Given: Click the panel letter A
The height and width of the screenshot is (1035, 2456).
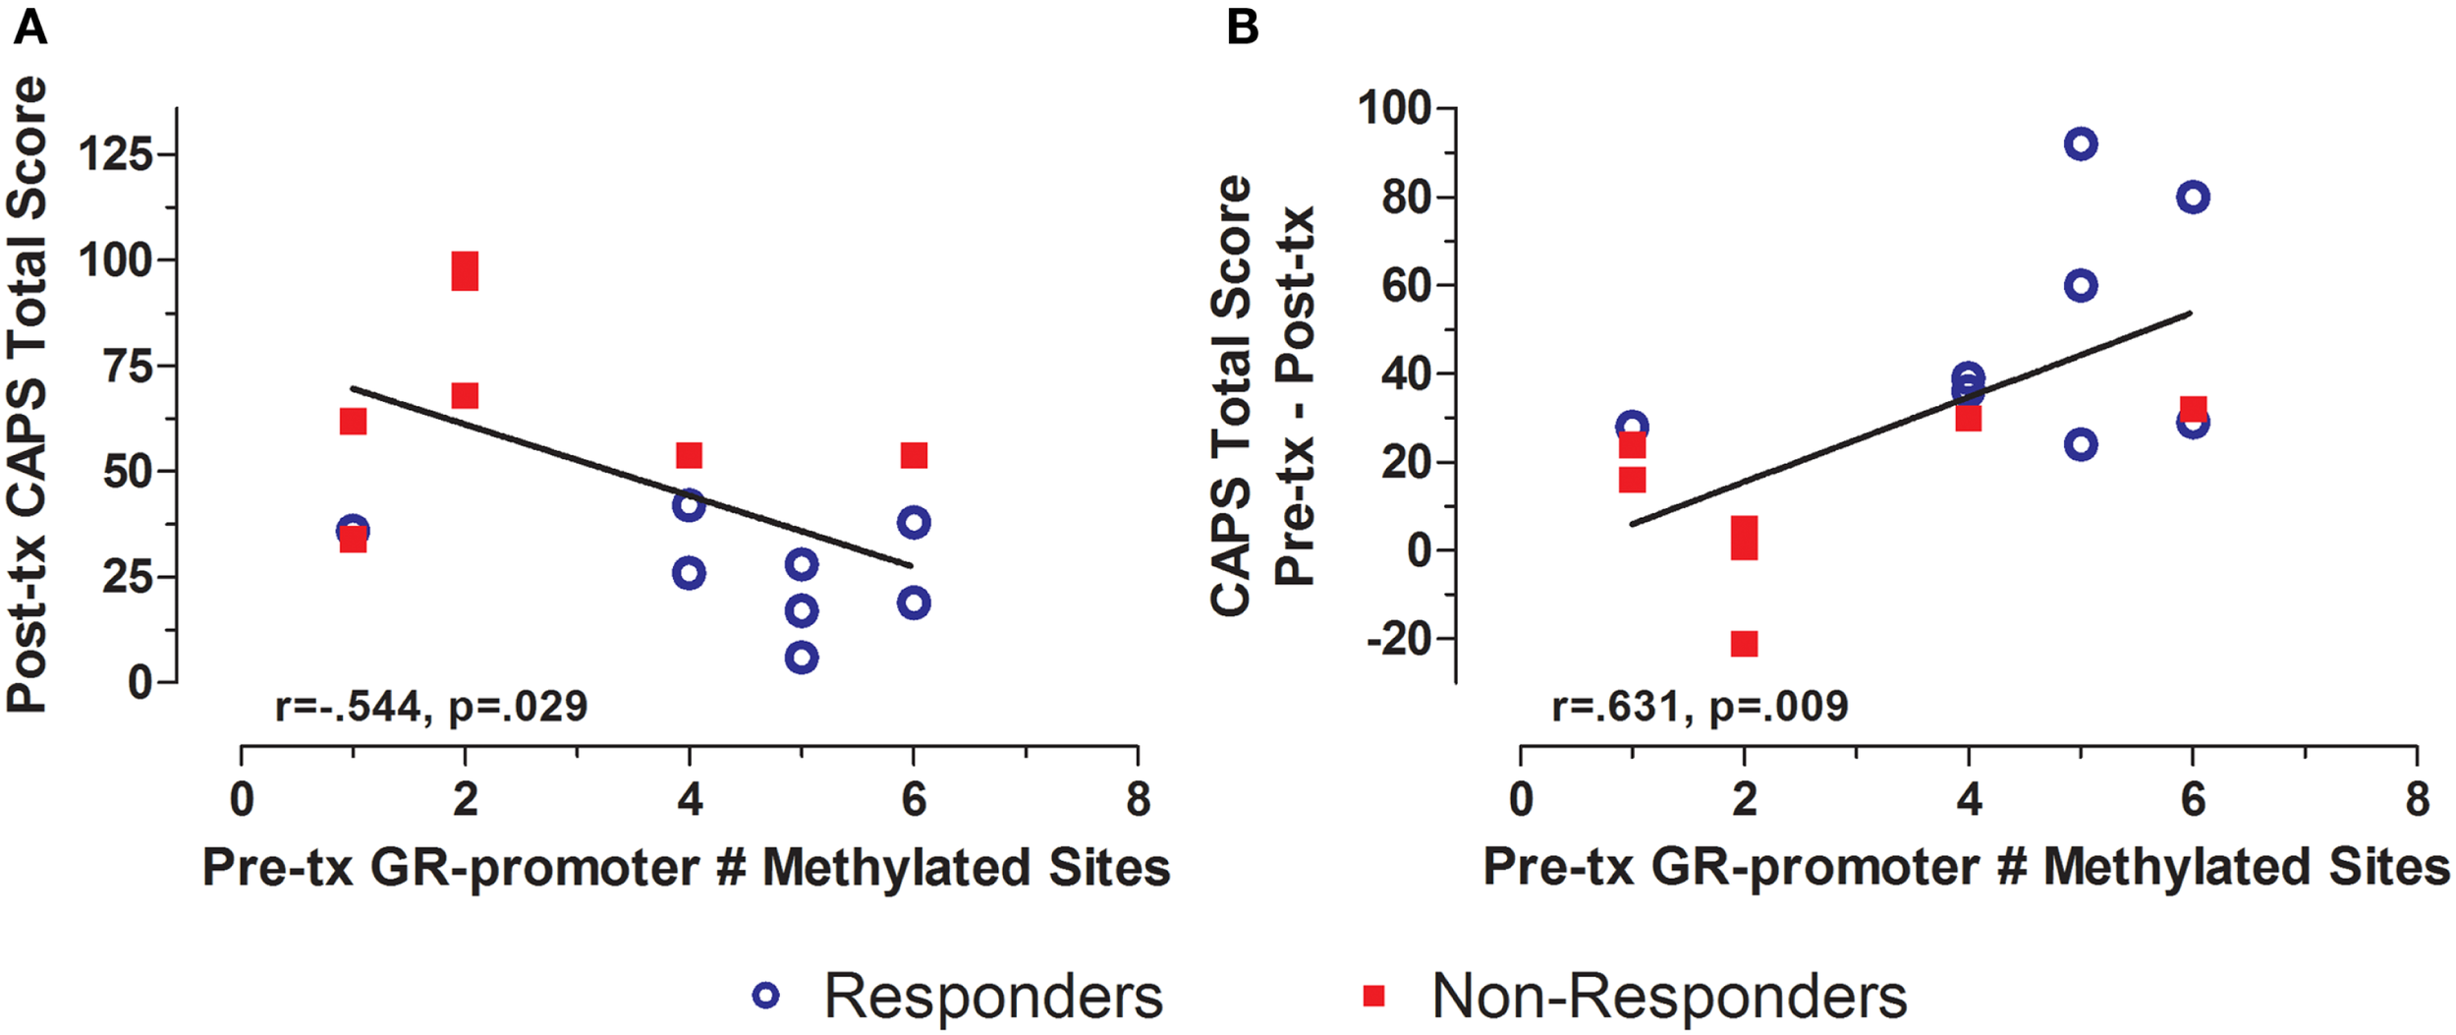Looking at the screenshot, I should (29, 28).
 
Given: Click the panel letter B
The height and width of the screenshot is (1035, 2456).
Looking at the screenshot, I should (1243, 28).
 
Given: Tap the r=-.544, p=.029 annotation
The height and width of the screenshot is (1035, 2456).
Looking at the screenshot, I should (431, 707).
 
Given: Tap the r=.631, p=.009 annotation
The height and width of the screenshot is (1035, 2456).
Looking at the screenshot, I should (1700, 707).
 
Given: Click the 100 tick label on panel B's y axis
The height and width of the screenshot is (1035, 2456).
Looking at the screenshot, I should (1394, 108).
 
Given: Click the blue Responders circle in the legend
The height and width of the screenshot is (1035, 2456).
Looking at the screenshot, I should (766, 996).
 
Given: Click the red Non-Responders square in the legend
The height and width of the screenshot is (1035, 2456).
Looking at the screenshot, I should (1373, 996).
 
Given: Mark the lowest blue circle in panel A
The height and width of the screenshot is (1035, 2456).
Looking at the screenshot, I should (802, 658).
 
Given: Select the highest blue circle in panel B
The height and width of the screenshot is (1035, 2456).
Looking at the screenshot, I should (2081, 144).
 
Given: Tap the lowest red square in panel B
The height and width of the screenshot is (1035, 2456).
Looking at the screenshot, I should (1744, 644).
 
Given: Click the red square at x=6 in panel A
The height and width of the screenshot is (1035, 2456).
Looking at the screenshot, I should (914, 455).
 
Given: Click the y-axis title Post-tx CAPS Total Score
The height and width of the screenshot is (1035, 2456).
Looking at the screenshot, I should (28, 393).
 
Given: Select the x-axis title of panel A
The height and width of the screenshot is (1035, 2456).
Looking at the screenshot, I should (686, 868).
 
